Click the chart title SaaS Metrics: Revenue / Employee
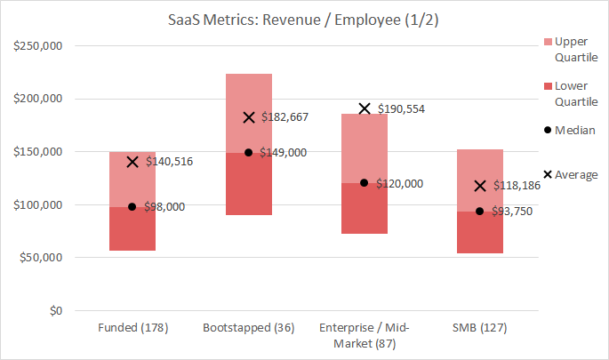pos(304,19)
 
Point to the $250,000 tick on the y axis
pos(37,45)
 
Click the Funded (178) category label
pos(132,329)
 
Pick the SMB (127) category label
pos(480,329)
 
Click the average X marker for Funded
pos(132,162)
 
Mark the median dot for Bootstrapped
pos(249,152)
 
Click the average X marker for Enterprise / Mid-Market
pos(365,108)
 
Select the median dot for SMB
pos(480,211)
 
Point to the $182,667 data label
pos(284,117)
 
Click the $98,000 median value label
pos(164,206)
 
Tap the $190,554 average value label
pos(401,108)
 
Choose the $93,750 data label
pos(512,211)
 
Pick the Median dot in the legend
pos(546,130)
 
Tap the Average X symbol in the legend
pos(546,174)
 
